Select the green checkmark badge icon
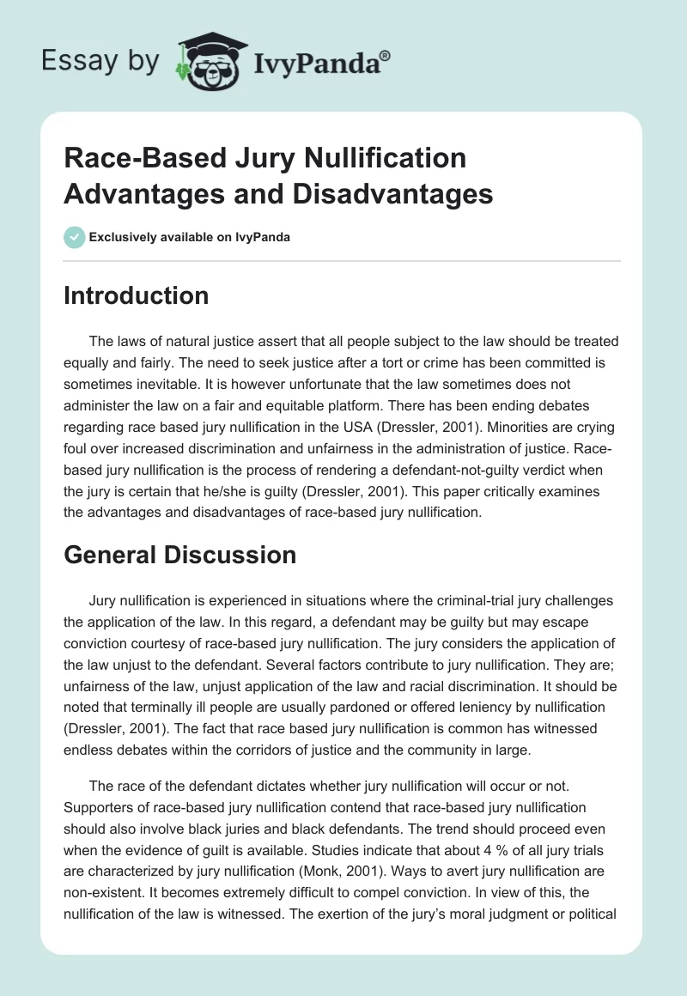point(75,237)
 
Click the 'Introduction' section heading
point(137,295)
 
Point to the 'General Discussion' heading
point(180,555)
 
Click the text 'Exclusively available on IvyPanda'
point(189,237)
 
